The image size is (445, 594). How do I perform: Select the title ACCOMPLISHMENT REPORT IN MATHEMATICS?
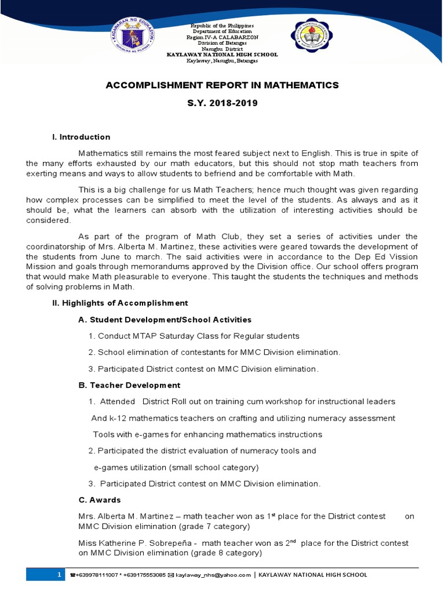click(222, 85)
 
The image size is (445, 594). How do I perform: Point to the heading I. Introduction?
click(81, 137)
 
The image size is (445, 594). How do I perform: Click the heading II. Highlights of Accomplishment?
click(120, 303)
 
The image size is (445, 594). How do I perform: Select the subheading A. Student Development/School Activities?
click(165, 320)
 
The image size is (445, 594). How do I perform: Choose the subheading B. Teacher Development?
click(129, 385)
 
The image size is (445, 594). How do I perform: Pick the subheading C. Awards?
click(99, 500)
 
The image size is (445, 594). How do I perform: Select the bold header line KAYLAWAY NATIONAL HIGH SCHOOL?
click(222, 55)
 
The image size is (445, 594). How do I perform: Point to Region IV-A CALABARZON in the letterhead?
click(222, 37)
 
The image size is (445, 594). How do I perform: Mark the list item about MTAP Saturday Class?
click(194, 336)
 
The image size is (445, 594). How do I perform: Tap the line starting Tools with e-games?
click(207, 434)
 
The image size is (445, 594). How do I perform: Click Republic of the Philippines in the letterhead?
click(222, 26)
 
